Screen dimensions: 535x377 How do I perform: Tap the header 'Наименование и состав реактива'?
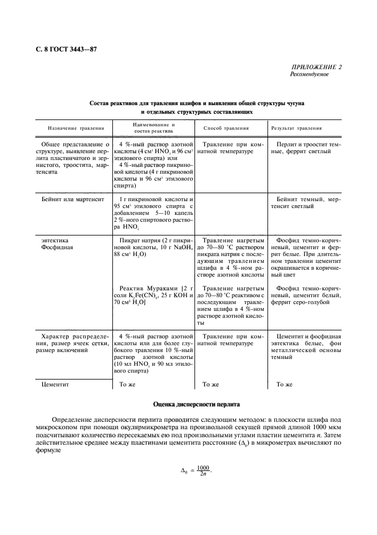point(154,127)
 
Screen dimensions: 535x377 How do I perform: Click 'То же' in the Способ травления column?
point(211,385)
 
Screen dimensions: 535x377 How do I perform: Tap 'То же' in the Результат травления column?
point(284,385)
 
